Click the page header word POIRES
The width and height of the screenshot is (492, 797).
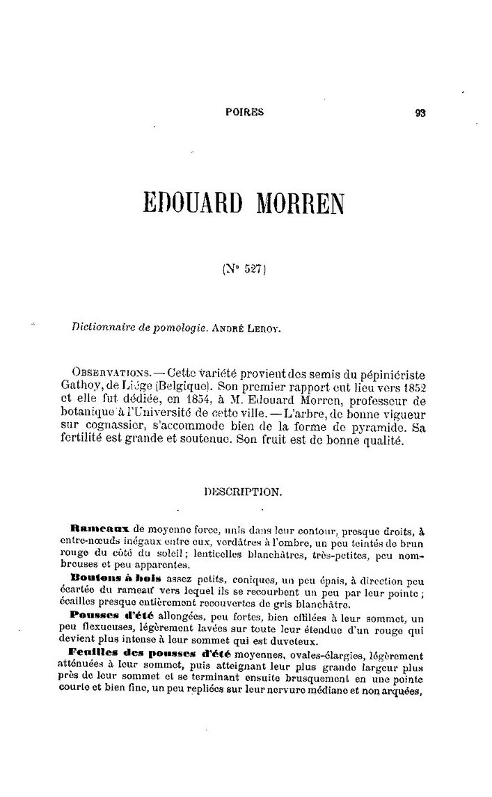click(x=245, y=111)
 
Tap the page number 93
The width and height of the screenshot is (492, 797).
click(x=420, y=112)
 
